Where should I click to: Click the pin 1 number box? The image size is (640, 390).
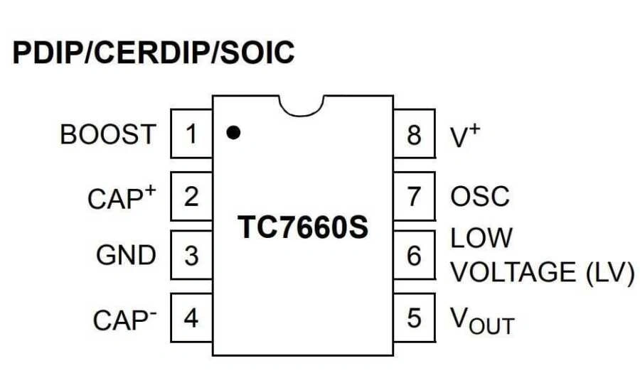(191, 134)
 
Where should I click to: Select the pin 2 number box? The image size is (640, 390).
(191, 195)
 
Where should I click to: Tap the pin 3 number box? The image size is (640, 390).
(191, 255)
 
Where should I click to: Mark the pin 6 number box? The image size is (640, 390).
(414, 255)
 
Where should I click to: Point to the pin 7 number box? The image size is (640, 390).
(414, 195)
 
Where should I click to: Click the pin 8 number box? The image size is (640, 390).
(414, 134)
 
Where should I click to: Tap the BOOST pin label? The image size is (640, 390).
(107, 134)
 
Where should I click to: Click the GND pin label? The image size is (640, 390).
(126, 255)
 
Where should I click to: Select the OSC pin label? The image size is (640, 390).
(480, 196)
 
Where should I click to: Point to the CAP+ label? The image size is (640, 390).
(121, 197)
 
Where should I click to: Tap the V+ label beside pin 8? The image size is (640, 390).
(466, 135)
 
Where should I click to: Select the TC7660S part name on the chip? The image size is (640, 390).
(303, 227)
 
